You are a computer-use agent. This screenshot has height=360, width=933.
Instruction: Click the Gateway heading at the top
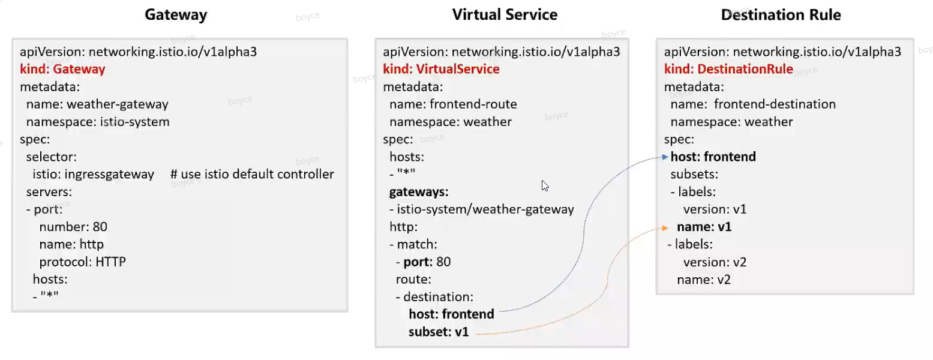pos(176,15)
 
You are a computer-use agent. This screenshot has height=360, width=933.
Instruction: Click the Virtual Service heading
pos(505,15)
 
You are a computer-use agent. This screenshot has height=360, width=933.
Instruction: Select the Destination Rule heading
pos(781,15)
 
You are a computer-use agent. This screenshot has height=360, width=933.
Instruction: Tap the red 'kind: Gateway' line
pos(62,69)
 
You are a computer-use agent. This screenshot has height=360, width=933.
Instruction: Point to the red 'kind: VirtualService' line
pos(441,69)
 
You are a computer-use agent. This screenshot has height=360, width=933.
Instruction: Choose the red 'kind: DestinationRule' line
pos(728,69)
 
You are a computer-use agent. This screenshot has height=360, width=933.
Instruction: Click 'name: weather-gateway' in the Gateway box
pos(97,104)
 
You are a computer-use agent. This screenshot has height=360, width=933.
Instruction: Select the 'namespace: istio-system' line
pos(98,122)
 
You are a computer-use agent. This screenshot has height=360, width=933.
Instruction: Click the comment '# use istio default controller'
pos(252,174)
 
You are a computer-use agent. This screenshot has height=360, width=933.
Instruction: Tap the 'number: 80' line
pos(73,227)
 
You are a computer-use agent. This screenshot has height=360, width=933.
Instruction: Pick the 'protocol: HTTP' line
pos(82,262)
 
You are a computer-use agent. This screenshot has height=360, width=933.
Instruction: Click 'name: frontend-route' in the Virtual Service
pos(453,104)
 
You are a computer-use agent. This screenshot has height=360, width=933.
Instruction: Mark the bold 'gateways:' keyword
pos(419,192)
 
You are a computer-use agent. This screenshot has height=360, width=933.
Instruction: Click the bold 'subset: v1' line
pos(438,332)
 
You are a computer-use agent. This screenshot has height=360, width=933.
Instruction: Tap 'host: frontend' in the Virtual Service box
pos(451,314)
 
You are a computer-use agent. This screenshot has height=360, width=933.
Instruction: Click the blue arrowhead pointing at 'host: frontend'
pos(665,157)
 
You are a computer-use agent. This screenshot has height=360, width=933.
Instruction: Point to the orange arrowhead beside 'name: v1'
pos(665,228)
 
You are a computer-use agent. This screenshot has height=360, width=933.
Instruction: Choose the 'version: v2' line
pos(715,262)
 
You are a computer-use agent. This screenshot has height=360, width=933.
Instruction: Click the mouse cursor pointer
pos(545,186)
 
